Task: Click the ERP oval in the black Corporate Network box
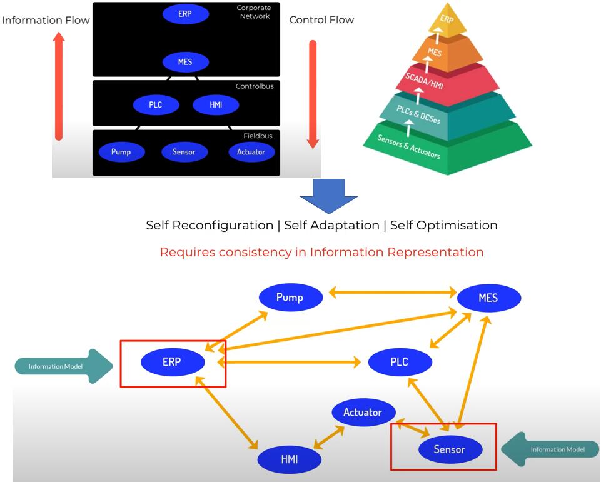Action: (185, 14)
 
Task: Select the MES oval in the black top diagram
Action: (185, 63)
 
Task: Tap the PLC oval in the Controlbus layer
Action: (156, 104)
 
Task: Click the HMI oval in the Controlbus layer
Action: (216, 104)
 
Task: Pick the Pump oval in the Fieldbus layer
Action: (121, 152)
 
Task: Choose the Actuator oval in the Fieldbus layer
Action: (251, 152)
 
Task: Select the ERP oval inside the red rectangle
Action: (172, 362)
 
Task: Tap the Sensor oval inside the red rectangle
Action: (450, 449)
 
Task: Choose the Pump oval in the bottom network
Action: (290, 298)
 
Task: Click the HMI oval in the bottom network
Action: (290, 459)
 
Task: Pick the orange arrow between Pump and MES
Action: (393, 291)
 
